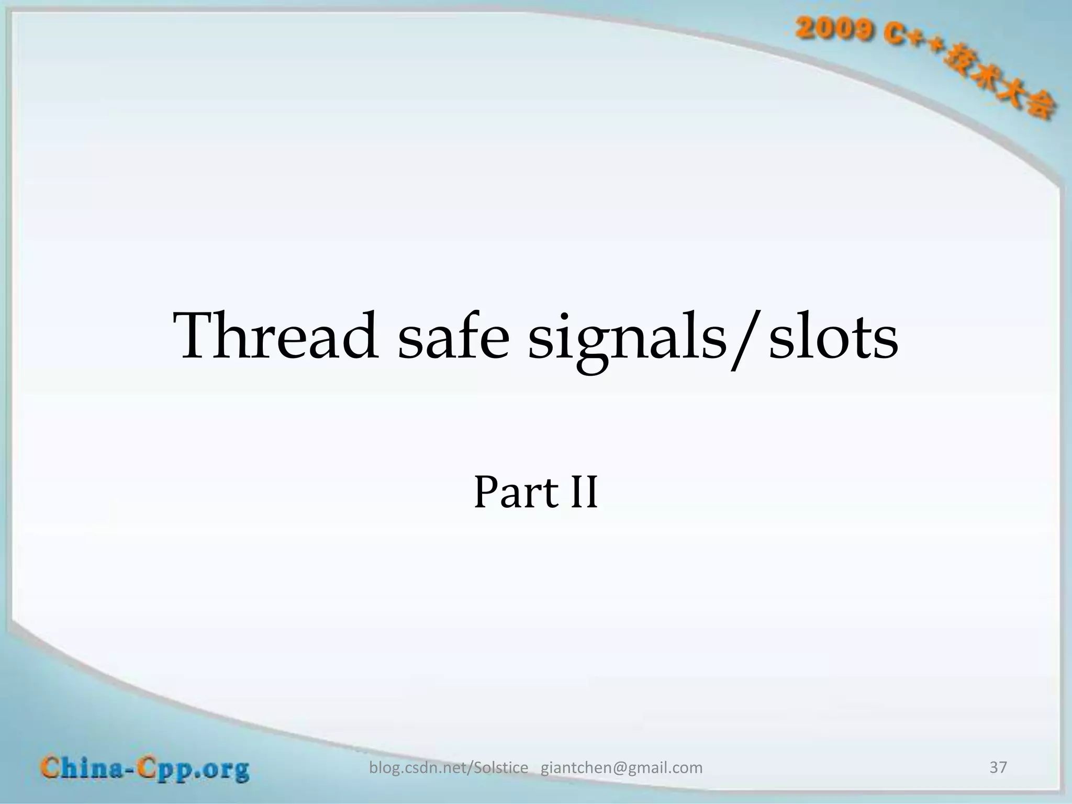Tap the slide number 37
point(998,767)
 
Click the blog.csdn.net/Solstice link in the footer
point(449,768)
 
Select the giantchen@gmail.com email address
point(621,768)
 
